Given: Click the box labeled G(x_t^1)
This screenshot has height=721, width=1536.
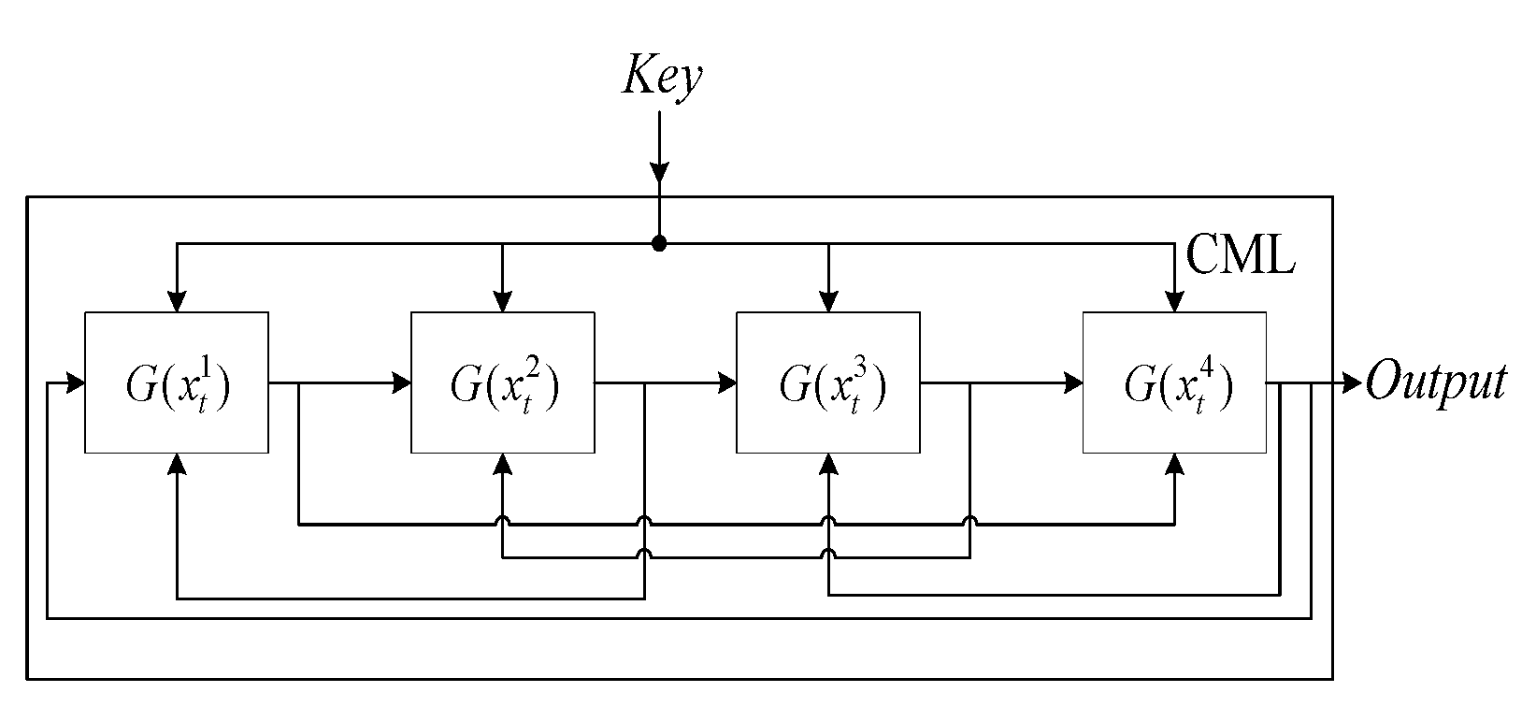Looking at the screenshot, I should (177, 382).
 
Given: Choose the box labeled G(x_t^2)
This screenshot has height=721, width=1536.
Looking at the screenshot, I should (503, 382).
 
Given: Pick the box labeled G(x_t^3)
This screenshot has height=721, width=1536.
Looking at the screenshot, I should (828, 382).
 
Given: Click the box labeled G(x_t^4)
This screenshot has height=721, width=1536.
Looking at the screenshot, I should (1175, 382).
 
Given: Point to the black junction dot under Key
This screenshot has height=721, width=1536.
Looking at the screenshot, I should (659, 244).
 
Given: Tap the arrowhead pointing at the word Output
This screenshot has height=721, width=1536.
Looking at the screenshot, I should (1352, 382).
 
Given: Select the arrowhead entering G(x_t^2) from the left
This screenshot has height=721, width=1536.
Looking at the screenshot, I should (403, 382).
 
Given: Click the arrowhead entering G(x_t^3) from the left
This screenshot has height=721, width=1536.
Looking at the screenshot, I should (727, 382).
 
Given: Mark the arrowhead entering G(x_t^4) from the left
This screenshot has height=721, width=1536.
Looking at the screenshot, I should (1073, 382).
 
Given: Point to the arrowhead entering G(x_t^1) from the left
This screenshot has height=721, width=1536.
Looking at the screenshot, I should (76, 382).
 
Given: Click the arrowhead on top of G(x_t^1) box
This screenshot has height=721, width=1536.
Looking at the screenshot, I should (177, 302).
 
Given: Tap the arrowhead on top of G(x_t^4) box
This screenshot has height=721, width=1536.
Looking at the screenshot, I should (1175, 302).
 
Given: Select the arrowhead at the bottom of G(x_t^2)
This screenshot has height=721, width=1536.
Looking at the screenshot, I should (503, 464).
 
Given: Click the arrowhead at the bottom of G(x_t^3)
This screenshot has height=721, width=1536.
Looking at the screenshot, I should (828, 464).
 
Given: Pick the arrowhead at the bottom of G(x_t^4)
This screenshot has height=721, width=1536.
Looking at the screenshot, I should (1175, 464).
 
